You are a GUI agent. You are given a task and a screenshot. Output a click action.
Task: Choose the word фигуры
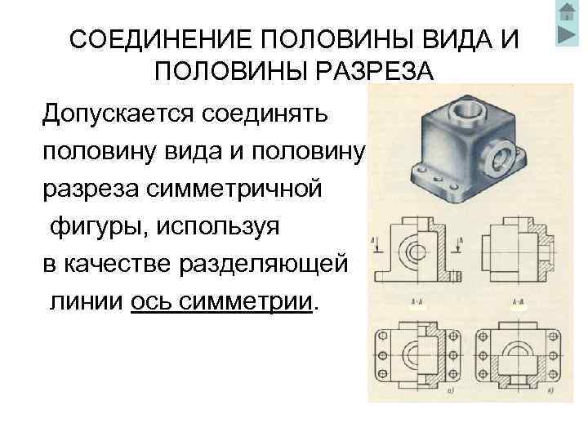point(91,228)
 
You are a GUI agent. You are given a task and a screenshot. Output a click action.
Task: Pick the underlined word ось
point(151,304)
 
